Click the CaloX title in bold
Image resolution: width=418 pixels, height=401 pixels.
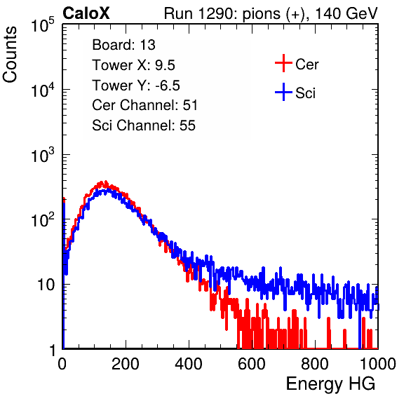(86, 13)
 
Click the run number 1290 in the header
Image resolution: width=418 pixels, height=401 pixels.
(216, 13)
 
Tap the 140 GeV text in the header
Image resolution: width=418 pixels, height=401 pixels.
(346, 13)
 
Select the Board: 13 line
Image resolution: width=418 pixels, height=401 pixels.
(123, 45)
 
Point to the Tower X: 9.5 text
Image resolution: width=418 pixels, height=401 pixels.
(133, 65)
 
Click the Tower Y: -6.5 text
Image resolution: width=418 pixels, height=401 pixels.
(136, 86)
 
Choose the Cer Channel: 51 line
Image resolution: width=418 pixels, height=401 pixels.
(144, 105)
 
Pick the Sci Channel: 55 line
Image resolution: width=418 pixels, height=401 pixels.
(144, 125)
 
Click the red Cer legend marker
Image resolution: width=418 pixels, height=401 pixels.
(283, 63)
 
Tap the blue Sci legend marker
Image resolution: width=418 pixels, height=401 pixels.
(283, 93)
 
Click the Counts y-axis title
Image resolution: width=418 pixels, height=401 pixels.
(10, 55)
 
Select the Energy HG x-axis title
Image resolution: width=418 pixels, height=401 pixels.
(330, 384)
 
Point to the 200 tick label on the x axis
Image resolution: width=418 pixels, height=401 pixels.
(126, 364)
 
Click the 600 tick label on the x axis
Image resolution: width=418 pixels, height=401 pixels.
(252, 364)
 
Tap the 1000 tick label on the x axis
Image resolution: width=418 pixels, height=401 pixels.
(378, 364)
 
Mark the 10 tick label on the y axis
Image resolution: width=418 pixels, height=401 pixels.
(46, 285)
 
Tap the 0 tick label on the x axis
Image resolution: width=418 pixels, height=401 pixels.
(62, 364)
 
